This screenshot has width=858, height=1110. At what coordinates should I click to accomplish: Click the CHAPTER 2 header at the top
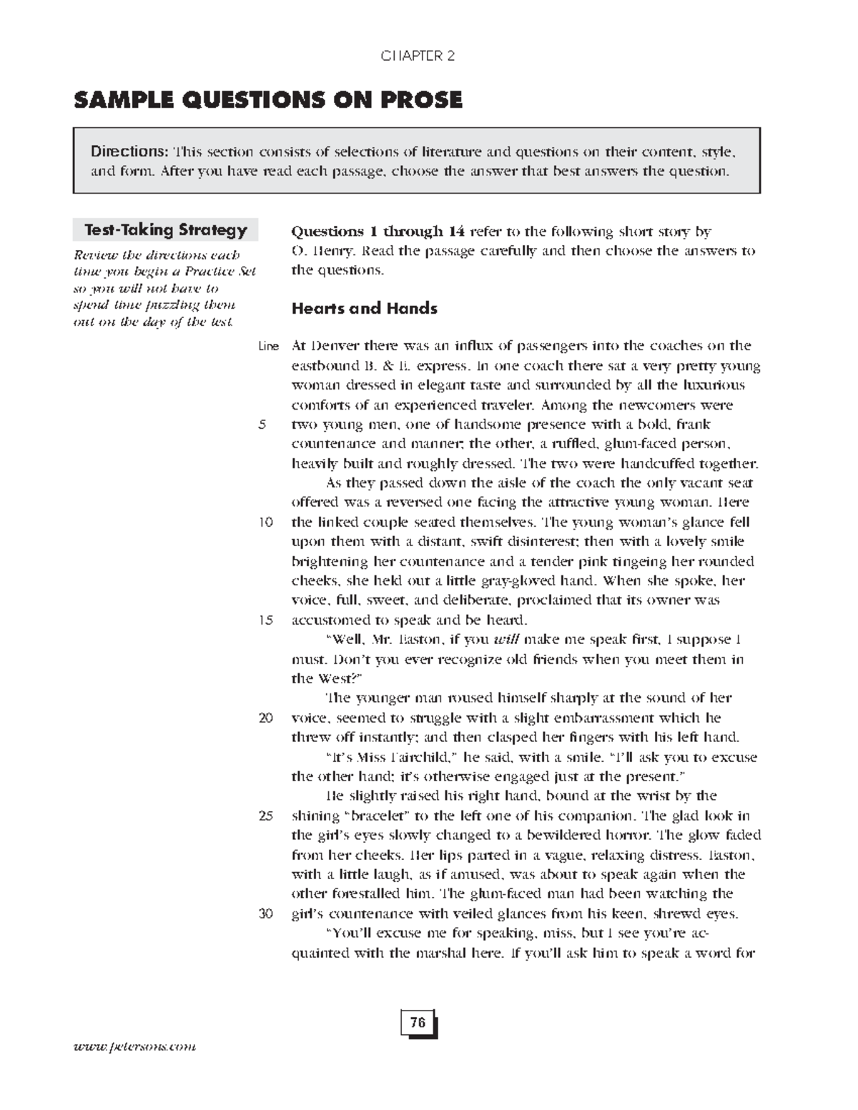(x=418, y=56)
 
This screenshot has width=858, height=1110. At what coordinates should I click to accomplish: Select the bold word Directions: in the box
(x=129, y=152)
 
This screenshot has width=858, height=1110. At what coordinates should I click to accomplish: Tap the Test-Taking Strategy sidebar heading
(x=165, y=230)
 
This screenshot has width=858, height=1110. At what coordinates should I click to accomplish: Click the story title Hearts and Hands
(x=364, y=309)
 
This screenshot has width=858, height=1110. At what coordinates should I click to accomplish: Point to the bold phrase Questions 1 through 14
(x=378, y=232)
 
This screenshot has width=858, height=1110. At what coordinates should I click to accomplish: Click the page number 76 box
(x=418, y=1023)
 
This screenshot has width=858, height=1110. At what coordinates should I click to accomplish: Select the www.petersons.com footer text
(x=134, y=1046)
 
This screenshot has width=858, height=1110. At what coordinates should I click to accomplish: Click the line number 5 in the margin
(x=262, y=425)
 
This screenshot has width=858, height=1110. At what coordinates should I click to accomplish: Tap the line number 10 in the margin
(x=265, y=522)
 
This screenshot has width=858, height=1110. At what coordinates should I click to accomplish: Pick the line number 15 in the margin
(x=265, y=620)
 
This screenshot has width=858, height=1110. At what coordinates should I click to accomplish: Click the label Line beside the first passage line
(x=268, y=347)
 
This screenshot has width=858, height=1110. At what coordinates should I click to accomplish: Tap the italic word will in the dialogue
(x=506, y=640)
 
